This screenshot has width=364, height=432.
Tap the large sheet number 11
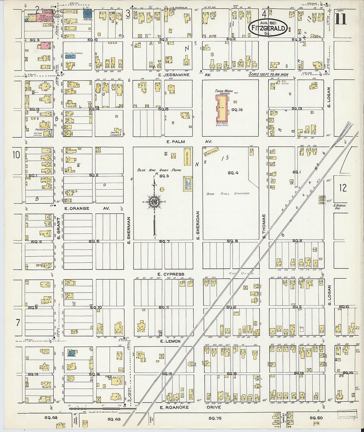[341, 18]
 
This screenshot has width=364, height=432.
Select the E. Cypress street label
[171, 274]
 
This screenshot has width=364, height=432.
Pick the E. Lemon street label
[170, 341]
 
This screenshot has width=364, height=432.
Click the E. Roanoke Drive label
[189, 408]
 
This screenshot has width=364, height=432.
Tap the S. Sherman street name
[129, 230]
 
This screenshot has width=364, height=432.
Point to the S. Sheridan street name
[198, 225]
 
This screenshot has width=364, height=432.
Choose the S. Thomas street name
[264, 226]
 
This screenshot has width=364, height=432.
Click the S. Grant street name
[58, 228]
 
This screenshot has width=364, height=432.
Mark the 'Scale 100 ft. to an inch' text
[270, 74]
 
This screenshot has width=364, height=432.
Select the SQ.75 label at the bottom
[215, 418]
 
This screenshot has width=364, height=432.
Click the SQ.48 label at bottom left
[50, 418]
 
